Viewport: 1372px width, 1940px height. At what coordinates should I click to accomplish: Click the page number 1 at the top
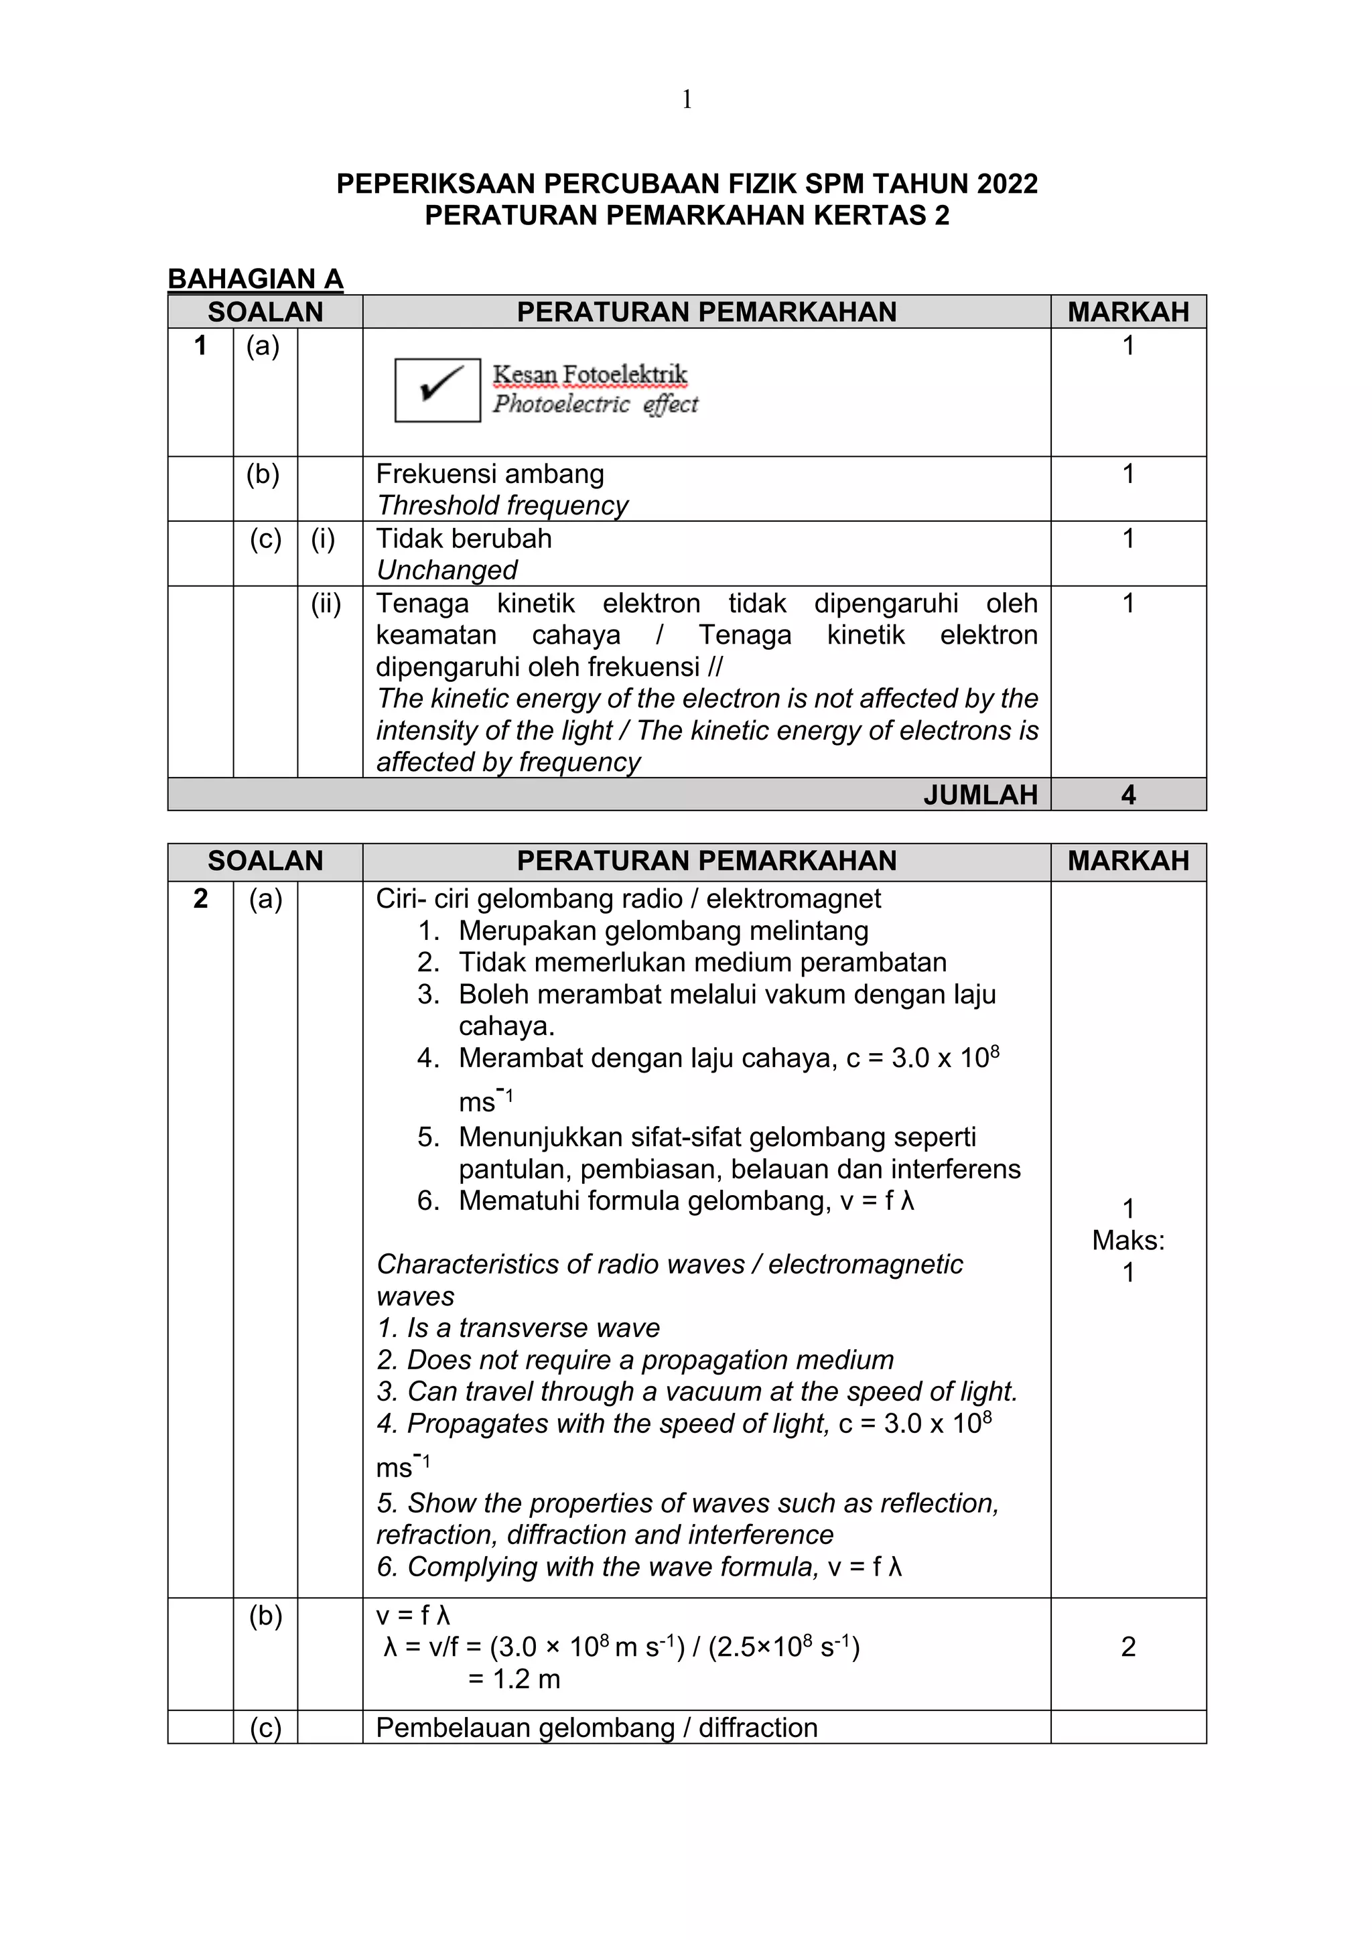(x=686, y=100)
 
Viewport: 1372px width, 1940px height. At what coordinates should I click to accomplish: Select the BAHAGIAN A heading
(x=255, y=279)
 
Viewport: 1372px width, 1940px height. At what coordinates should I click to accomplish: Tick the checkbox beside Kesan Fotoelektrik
(x=437, y=389)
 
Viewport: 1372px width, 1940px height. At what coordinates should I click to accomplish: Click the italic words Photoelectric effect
(x=596, y=404)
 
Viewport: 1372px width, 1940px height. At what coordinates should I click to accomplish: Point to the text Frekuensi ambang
(x=490, y=474)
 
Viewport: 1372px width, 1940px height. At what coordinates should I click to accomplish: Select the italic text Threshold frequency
(x=502, y=505)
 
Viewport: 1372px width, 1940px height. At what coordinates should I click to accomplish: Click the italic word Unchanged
(x=447, y=570)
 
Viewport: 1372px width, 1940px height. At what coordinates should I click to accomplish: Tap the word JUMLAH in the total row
(x=980, y=795)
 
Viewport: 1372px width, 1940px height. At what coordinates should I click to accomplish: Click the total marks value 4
(x=1128, y=795)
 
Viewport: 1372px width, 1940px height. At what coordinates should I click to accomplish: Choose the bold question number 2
(x=200, y=898)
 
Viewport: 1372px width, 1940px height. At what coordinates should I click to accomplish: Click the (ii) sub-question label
(x=326, y=604)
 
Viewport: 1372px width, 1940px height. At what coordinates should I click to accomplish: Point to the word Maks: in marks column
(x=1128, y=1241)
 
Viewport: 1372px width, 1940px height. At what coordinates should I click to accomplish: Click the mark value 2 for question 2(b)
(x=1128, y=1647)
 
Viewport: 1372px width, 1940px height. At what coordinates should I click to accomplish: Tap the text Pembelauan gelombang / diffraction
(x=596, y=1728)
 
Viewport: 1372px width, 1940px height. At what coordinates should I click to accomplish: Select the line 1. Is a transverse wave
(x=518, y=1328)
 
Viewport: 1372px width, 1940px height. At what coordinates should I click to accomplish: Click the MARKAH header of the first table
(x=1128, y=311)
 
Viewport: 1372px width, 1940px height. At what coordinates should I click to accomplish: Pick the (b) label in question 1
(x=263, y=474)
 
